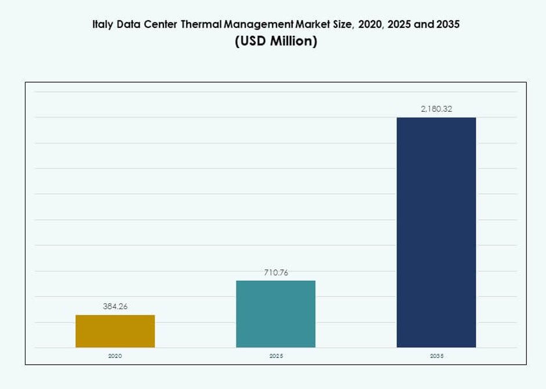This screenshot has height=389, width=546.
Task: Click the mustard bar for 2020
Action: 115,331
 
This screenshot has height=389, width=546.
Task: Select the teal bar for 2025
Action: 276,314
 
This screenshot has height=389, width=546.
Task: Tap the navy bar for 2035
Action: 436,232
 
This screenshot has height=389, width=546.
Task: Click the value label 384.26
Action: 115,306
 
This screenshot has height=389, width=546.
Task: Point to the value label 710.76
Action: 276,272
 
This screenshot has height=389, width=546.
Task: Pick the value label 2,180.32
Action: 436,109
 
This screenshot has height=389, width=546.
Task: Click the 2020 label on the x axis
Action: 115,356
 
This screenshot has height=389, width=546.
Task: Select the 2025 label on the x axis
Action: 276,356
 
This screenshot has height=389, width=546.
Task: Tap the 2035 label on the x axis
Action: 436,356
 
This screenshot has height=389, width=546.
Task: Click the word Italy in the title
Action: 103,25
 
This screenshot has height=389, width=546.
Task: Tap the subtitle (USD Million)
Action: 276,42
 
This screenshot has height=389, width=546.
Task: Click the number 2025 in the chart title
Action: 397,25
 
